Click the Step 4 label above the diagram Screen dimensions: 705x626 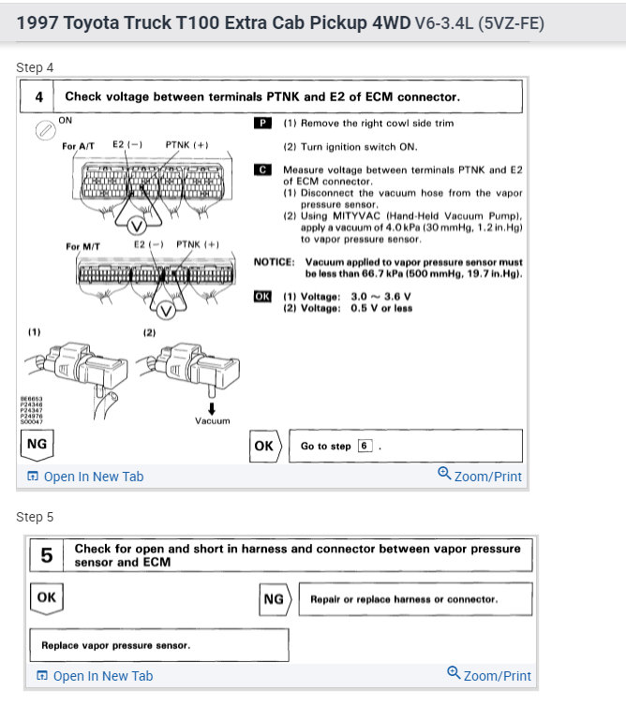pos(35,67)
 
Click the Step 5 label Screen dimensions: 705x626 pos(35,517)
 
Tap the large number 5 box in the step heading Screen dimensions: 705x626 pos(46,555)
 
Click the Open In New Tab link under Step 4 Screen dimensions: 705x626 pos(85,477)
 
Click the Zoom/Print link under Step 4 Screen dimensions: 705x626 pos(480,476)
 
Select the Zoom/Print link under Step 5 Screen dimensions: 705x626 pos(489,675)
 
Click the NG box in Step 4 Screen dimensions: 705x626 pos(37,444)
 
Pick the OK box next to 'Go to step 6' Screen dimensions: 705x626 pos(264,446)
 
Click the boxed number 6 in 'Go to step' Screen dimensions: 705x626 pos(365,447)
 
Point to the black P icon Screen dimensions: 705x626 pos(263,123)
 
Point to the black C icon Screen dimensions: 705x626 pos(263,169)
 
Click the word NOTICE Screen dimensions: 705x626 pos(275,262)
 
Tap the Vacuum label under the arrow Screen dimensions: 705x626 pos(212,420)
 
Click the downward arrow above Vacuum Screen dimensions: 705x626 pos(212,408)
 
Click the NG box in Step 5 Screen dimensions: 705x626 pos(274,598)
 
